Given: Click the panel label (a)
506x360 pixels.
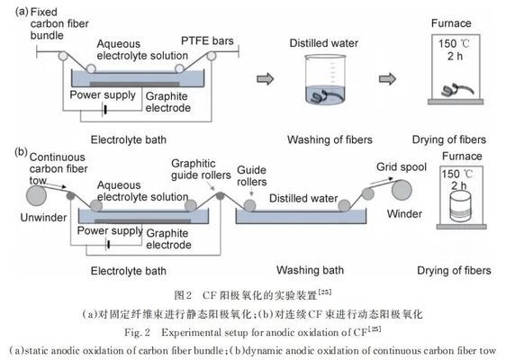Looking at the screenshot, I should point(13,11).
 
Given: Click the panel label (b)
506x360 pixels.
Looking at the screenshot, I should point(13,153).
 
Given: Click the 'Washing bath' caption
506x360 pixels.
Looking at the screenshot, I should point(308,269).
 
